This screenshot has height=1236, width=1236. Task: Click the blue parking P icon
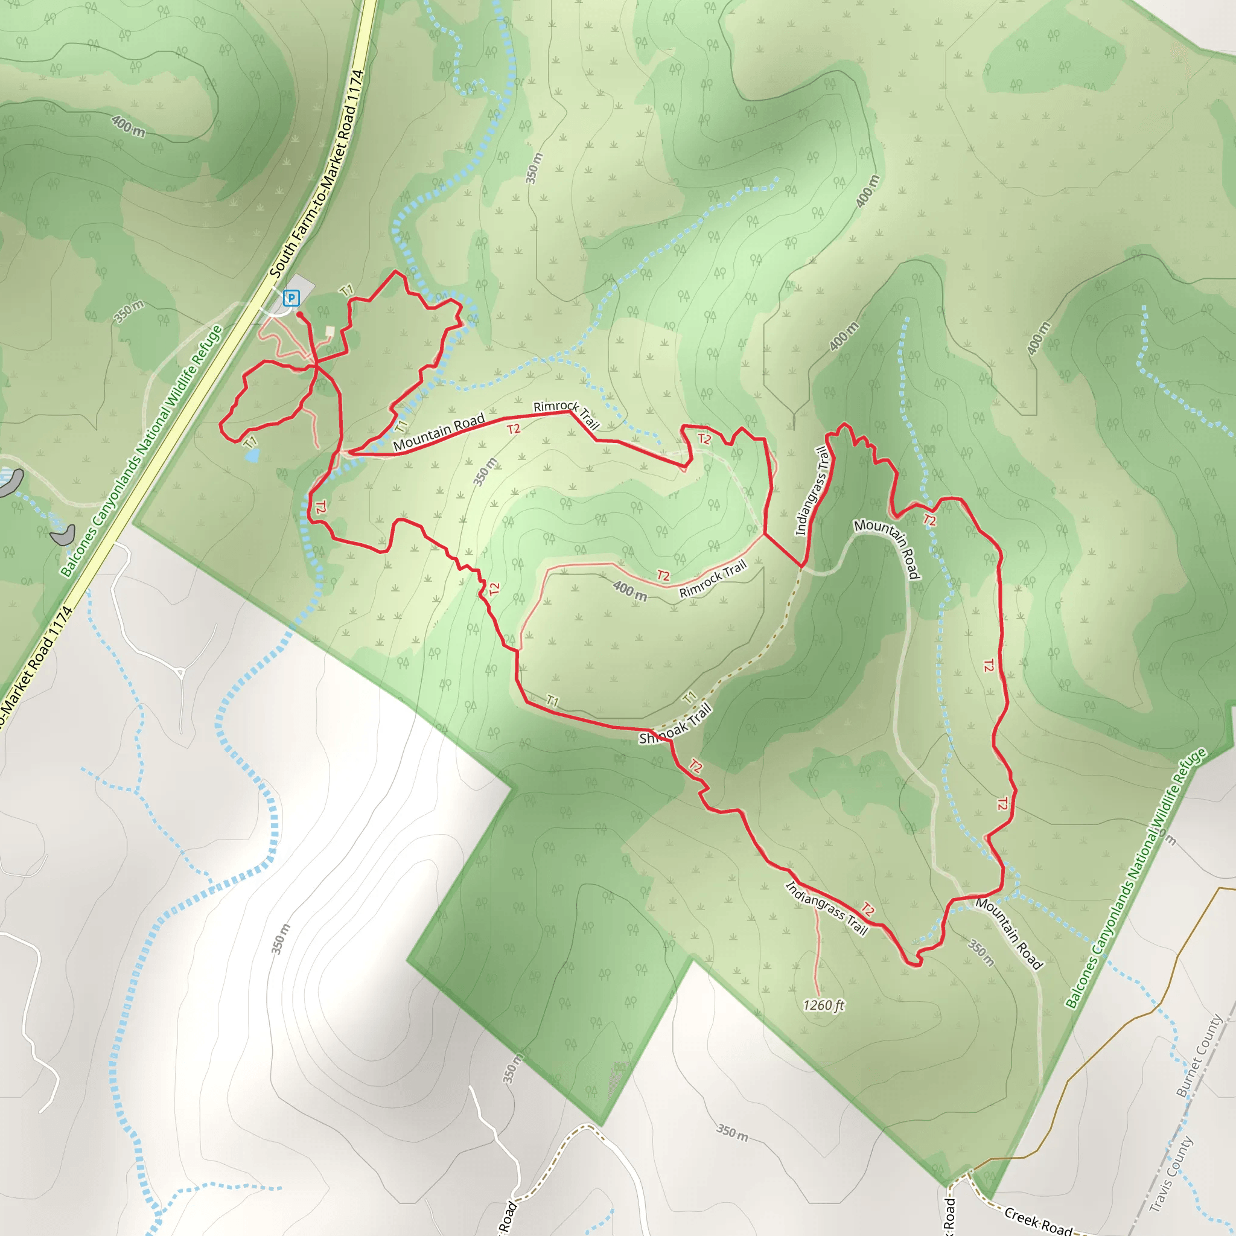click(x=291, y=298)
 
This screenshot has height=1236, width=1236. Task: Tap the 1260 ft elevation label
click(x=823, y=1005)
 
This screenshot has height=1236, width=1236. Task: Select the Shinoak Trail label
click(x=675, y=724)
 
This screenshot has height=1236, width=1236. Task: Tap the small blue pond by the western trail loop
click(x=253, y=455)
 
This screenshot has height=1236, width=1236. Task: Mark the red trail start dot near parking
click(x=299, y=315)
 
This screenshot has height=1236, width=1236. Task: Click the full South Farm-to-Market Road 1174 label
click(x=317, y=174)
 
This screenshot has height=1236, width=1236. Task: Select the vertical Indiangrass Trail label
click(x=812, y=491)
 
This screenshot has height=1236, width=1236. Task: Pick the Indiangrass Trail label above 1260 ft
click(x=826, y=908)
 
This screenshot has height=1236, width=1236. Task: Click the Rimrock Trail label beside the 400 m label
click(x=713, y=579)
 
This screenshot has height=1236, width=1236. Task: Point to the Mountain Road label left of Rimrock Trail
click(x=439, y=433)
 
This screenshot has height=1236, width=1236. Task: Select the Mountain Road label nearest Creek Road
click(x=1009, y=934)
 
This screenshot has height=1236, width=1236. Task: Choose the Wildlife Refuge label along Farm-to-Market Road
click(x=141, y=451)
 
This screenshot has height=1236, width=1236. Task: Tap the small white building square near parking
click(x=330, y=331)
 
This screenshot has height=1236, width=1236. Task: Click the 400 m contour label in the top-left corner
click(x=128, y=126)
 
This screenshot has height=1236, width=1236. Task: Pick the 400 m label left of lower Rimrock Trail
click(x=629, y=590)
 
